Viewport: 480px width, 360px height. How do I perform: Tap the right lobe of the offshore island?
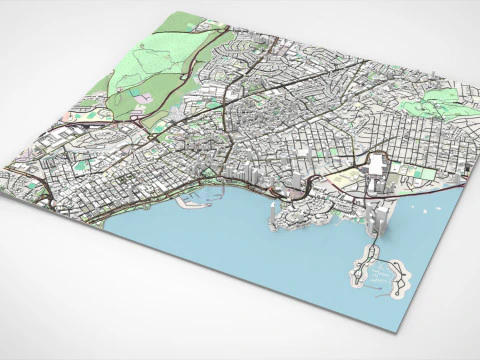click(397, 279)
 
